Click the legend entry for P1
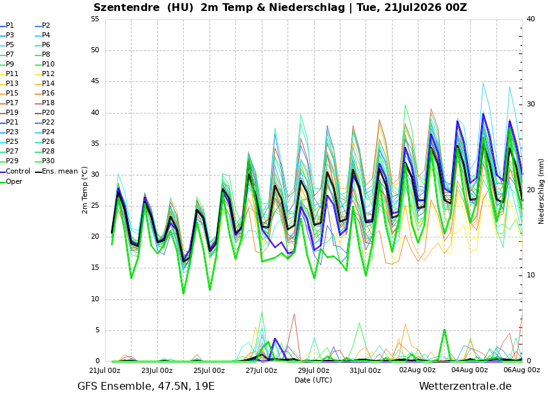coord(7,26)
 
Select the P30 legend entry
coord(45,161)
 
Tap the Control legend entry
coord(15,172)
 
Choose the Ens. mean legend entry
coord(57,172)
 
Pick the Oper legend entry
coord(12,181)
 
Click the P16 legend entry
coord(45,93)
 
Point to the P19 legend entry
coord(10,112)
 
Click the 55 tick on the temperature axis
coord(95,19)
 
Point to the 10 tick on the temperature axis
coord(95,299)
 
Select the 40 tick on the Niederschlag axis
coord(531,19)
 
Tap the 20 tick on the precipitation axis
coord(531,190)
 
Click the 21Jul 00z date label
coord(105,370)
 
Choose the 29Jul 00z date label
coord(313,370)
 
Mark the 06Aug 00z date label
coord(522,370)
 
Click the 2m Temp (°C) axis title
coord(85,190)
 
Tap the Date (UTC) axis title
coord(313,380)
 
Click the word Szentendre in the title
coord(126,7)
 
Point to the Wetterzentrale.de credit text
coord(465,386)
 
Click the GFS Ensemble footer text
coord(114,386)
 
